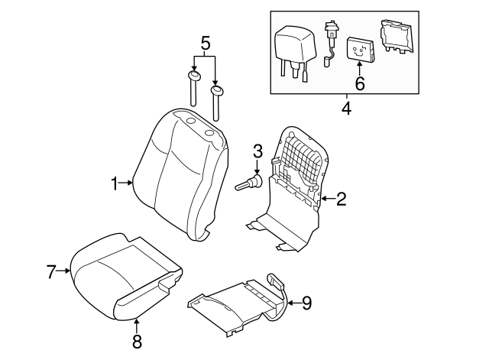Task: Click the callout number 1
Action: coord(114,183)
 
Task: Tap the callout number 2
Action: coord(342,199)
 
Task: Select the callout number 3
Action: coord(257,150)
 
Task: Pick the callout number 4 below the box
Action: coord(346,108)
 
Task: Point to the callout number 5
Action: coord(204,44)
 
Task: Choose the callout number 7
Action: coord(51,270)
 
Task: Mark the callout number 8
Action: coord(138,340)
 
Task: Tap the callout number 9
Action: coord(306,303)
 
